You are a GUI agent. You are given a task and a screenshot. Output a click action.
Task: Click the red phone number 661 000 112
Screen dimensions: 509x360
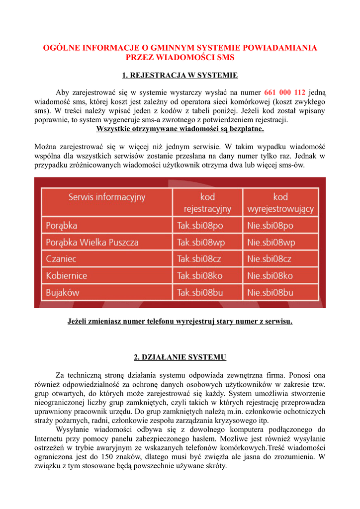tap(284, 92)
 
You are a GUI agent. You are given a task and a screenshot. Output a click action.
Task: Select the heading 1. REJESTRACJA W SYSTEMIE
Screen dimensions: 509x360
tap(180, 76)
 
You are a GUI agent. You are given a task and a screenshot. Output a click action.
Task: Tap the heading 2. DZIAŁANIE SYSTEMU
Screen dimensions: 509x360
tap(180, 357)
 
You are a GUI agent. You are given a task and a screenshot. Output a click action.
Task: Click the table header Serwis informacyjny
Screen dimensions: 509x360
tap(107, 197)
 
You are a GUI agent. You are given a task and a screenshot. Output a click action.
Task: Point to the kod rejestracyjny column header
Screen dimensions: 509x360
tap(207, 203)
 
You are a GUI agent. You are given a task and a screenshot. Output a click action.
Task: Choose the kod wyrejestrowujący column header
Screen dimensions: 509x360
tap(280, 203)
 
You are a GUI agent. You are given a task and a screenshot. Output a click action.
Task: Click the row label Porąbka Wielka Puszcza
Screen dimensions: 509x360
tap(92, 243)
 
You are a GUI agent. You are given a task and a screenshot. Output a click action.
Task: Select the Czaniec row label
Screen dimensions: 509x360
tap(61, 259)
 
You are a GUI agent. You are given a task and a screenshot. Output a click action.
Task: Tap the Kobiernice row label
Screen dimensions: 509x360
tap(67, 275)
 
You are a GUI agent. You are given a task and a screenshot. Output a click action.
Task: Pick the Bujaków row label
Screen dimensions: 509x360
tap(63, 292)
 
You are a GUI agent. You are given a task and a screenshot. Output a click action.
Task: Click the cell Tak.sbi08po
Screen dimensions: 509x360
tap(200, 226)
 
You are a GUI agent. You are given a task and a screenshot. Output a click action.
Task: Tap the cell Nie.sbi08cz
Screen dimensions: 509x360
tap(270, 259)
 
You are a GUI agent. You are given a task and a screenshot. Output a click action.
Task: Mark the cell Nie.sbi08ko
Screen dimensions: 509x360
tap(270, 275)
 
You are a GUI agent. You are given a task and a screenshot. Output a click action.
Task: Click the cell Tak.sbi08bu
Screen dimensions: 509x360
tap(200, 292)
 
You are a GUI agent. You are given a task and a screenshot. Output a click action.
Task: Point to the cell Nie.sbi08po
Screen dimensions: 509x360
tap(270, 226)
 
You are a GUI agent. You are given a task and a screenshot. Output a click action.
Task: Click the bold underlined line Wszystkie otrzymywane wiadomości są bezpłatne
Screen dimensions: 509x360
tap(180, 129)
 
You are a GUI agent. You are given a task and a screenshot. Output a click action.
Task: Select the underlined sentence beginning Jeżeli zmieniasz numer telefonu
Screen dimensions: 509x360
tap(180, 322)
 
